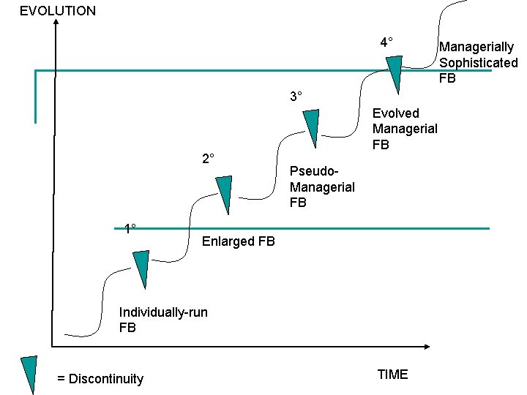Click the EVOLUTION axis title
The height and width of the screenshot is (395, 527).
(58, 11)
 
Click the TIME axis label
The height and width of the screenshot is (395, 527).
(392, 375)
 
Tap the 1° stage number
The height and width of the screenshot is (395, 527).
(130, 229)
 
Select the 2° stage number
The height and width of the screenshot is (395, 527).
(208, 159)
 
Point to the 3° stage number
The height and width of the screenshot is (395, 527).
(296, 97)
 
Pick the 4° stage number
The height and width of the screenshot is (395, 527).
(386, 42)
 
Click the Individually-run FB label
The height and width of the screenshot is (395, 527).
(162, 320)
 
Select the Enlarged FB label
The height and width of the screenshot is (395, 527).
(239, 241)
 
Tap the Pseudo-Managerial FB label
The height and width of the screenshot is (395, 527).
(322, 187)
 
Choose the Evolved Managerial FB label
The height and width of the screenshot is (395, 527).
(405, 129)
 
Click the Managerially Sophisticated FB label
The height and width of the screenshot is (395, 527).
(478, 63)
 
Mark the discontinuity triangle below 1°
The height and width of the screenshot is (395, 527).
(140, 268)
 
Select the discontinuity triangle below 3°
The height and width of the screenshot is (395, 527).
(313, 127)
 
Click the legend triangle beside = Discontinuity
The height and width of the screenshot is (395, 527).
(29, 374)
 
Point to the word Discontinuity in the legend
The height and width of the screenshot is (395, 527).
(105, 379)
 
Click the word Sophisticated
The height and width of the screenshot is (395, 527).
(478, 63)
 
